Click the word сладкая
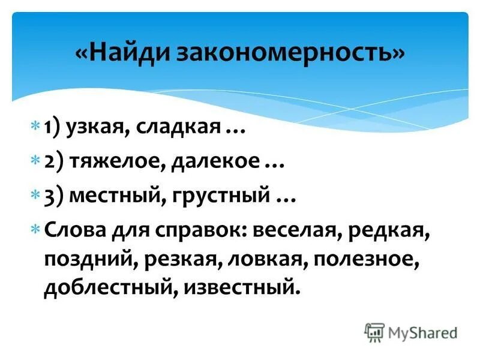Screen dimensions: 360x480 175,128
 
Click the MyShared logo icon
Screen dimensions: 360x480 374,332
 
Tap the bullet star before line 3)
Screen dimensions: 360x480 35,195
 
